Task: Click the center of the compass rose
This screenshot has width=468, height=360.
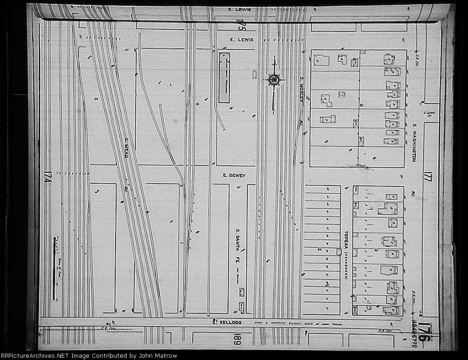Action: click(274, 80)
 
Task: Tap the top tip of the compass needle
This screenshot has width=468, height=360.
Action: click(274, 57)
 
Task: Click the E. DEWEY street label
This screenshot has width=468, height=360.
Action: click(234, 175)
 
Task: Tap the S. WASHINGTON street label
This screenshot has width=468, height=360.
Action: click(416, 142)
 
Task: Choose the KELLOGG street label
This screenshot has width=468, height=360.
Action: click(227, 323)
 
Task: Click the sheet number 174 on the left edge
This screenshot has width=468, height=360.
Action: click(46, 176)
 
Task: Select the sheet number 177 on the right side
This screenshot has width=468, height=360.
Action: click(427, 176)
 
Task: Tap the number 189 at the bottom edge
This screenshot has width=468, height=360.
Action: click(237, 340)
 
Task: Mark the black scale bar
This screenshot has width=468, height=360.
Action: click(54, 268)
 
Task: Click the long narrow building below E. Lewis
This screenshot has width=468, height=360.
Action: click(224, 77)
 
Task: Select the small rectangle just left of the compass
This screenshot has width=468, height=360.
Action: click(255, 74)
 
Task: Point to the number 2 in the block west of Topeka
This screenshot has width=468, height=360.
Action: click(320, 249)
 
